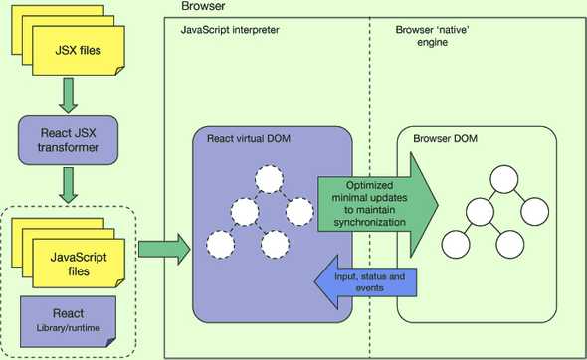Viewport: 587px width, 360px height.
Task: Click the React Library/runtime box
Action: pos(69,318)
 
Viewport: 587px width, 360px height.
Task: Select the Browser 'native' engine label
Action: pos(433,37)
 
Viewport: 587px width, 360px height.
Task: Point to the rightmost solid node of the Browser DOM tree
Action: pos(535,211)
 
